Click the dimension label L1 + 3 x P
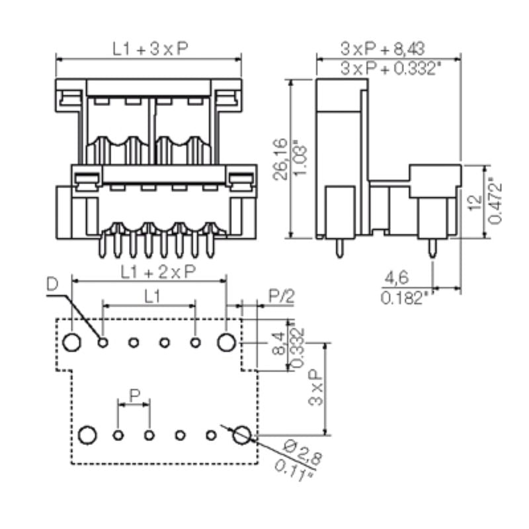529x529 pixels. point(147,48)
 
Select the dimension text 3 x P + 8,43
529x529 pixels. point(382,48)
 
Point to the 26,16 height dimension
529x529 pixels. point(280,159)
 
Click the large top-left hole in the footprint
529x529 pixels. point(73,342)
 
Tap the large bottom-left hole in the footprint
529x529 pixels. point(87,434)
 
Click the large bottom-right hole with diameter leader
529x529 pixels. point(242,434)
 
